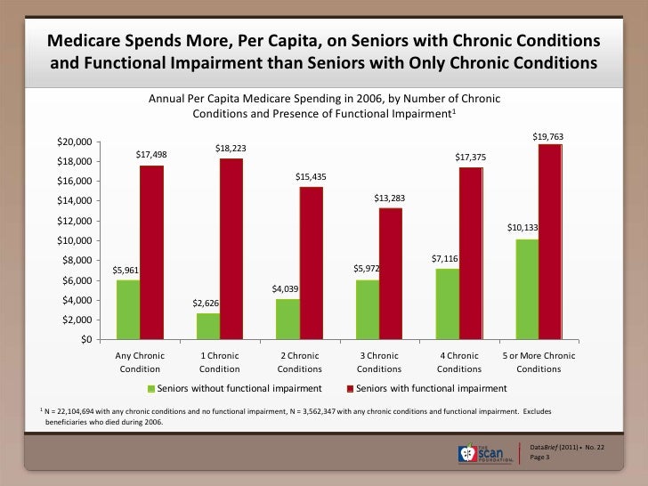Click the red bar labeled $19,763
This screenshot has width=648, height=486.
pos(550,241)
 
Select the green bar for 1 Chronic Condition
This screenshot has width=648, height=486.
pos(207,326)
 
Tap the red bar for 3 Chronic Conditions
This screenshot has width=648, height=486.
pos(391,273)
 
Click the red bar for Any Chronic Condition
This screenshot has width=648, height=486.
pos(151,252)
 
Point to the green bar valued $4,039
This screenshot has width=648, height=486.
pos(288,319)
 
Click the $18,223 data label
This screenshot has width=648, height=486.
pos(231,148)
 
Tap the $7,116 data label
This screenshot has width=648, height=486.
pos(445,258)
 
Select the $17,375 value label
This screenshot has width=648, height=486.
pos(470,157)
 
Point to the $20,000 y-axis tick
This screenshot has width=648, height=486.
pos(74,142)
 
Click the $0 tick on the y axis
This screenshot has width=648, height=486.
pos(85,339)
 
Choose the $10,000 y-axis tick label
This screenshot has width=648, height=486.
pos(74,240)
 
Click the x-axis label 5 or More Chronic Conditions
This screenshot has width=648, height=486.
pos(539,362)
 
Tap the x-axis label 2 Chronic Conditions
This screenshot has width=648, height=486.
pos(299,362)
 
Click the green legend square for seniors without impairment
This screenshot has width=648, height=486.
pos(151,390)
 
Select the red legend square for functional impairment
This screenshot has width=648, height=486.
pos(350,390)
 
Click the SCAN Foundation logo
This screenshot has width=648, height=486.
pos(486,452)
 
